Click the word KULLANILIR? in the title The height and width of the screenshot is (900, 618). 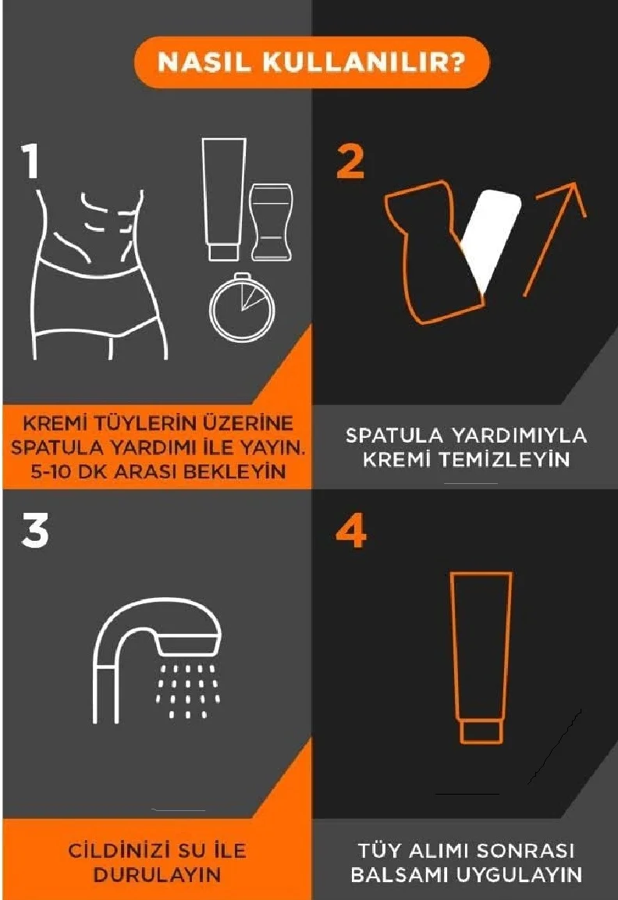363,62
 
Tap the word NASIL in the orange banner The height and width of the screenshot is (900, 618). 204,62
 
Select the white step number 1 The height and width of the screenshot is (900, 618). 31,161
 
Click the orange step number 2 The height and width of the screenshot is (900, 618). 350,162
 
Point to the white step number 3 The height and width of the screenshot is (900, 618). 35,531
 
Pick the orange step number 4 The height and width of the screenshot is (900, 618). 351,531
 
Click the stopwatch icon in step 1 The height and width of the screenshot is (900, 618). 242,308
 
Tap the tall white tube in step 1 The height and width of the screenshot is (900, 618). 224,199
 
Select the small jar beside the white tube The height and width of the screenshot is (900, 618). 271,222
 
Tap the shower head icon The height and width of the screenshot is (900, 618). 157,660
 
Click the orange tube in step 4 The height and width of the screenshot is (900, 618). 481,658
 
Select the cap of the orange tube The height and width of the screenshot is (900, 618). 481,732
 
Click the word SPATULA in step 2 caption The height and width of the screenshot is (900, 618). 394,436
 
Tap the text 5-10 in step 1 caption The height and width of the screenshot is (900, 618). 50,471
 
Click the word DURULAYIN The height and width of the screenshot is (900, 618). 157,875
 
